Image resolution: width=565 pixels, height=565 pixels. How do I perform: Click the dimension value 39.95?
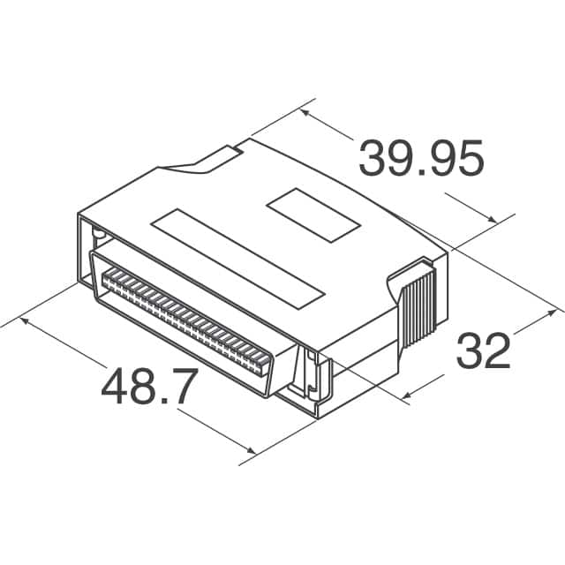pos(421,160)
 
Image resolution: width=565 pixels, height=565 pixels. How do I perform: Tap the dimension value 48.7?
pos(147,386)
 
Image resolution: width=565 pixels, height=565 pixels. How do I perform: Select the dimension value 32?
pos(482,351)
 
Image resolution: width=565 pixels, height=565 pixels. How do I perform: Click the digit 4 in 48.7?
pos(115,386)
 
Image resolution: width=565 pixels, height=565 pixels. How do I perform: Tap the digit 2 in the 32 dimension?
pos(497,351)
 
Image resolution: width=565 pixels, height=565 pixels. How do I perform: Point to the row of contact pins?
pos(190,321)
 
